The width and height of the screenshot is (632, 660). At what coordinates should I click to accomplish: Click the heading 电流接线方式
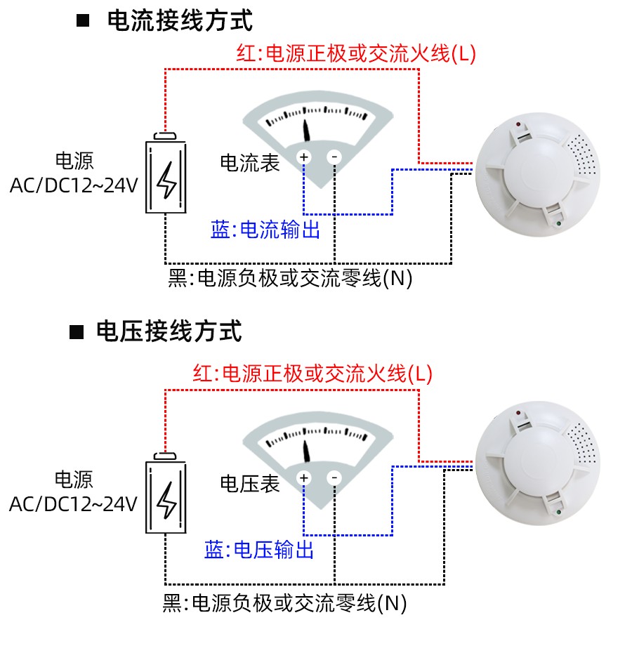click(180, 20)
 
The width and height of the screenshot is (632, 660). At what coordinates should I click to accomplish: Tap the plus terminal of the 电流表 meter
click(304, 157)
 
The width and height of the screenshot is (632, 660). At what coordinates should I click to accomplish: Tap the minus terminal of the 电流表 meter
click(334, 157)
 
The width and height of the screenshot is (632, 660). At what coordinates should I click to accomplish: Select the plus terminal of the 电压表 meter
click(304, 478)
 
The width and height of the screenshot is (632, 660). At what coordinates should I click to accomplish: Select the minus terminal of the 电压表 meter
click(334, 478)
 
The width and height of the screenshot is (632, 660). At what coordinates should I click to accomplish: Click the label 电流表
click(250, 163)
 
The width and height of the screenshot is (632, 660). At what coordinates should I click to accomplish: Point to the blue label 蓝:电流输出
click(265, 230)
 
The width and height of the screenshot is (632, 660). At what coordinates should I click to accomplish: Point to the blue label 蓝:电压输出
click(259, 550)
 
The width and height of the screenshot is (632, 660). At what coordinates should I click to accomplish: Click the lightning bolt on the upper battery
click(166, 180)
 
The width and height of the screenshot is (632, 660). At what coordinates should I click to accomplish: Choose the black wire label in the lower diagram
click(284, 602)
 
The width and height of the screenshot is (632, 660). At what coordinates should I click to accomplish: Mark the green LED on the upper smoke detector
click(558, 225)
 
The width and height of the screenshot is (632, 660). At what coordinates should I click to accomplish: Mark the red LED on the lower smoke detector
click(518, 412)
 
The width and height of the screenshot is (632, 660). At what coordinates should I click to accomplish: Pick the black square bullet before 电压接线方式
click(77, 331)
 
